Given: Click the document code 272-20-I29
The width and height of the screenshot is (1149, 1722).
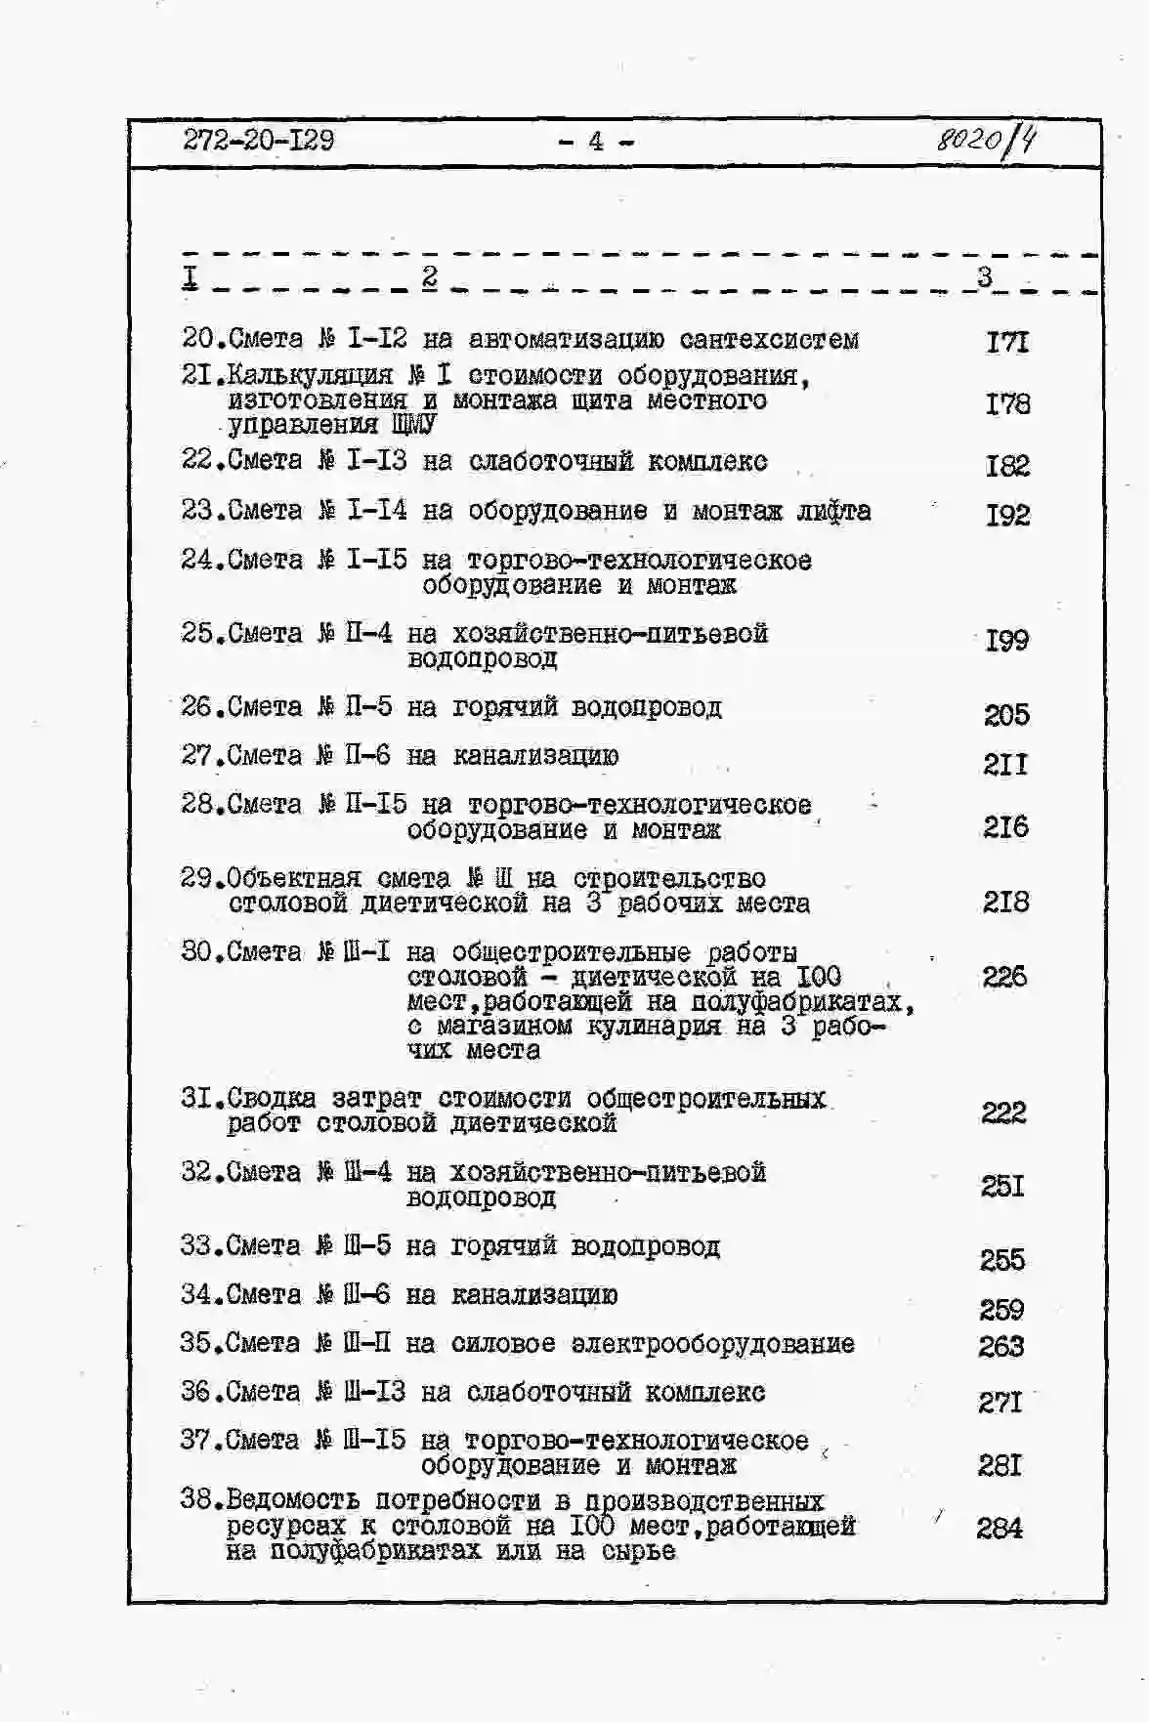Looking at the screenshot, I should coord(258,141).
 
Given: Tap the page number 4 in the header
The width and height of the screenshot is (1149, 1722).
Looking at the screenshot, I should coord(595,142).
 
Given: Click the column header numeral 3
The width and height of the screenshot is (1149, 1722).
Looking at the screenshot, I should coord(985,276).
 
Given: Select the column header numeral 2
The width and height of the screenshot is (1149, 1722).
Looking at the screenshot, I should coord(430,277).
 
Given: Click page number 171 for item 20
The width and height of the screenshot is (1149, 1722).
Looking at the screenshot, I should coord(1007,342).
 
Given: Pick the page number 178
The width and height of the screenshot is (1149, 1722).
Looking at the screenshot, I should coord(1007,403).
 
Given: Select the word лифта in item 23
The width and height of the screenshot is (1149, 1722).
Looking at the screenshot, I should coord(833,511).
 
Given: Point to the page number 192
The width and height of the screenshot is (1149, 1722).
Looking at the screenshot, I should coord(1007,515).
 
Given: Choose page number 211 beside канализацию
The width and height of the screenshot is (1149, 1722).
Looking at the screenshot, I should coord(1005,764).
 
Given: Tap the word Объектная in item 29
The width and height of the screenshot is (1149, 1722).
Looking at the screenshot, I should coord(294,878).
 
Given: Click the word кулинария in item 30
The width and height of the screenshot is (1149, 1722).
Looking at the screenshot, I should coord(660,1027).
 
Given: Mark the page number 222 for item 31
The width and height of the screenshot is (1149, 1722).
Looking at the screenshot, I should coord(1003,1113).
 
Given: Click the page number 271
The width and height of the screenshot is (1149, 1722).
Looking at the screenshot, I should coord(1000,1403).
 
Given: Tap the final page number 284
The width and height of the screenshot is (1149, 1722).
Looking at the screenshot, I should coord(1000,1528).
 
